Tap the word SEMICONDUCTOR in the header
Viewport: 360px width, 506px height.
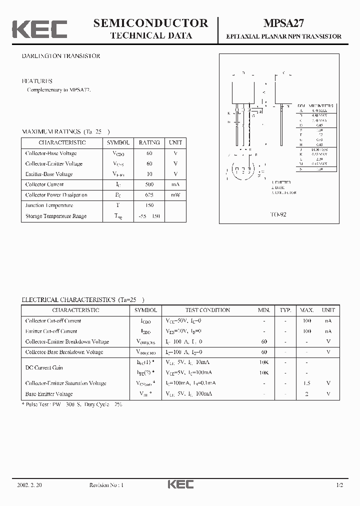pyautogui.click(x=150, y=23)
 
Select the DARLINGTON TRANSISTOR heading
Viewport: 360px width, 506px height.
pyautogui.click(x=60, y=56)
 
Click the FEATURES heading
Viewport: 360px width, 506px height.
pyautogui.click(x=36, y=81)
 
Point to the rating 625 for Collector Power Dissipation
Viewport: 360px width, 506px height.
pyautogui.click(x=149, y=195)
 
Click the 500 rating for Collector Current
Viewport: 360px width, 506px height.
pyautogui.click(x=149, y=184)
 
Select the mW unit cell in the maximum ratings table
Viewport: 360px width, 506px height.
pyautogui.click(x=175, y=195)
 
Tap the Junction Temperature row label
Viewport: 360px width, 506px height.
pyautogui.click(x=49, y=205)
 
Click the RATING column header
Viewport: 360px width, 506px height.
pyautogui.click(x=149, y=142)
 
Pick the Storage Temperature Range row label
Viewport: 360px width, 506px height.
pyautogui.click(x=55, y=216)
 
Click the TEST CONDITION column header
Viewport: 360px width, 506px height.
pyautogui.click(x=207, y=310)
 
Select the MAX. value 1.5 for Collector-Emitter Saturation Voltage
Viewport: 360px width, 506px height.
pyautogui.click(x=307, y=383)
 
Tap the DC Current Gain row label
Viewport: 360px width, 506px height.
pyautogui.click(x=44, y=368)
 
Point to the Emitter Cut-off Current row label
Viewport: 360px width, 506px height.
pyautogui.click(x=51, y=331)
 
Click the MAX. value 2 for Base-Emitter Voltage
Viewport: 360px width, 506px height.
pyautogui.click(x=307, y=394)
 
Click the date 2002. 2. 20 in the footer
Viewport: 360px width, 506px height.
pyautogui.click(x=29, y=485)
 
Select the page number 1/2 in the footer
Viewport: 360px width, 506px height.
pyautogui.click(x=339, y=485)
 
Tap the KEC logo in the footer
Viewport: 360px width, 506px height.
pyautogui.click(x=180, y=484)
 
